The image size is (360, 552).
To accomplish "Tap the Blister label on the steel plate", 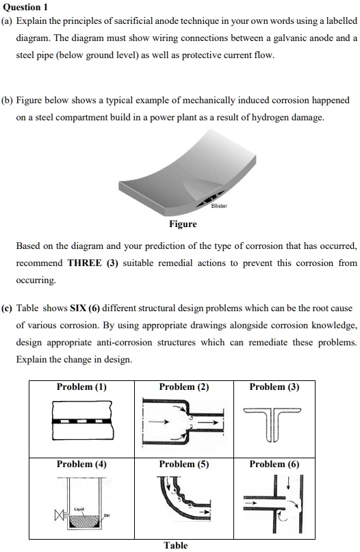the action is click(219, 205).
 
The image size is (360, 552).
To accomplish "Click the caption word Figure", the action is click(183, 224).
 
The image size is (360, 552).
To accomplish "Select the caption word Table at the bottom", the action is click(176, 545).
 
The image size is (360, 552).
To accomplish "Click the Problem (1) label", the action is click(81, 387).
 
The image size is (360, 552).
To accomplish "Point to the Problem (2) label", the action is click(184, 387).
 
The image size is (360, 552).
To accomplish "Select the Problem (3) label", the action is click(274, 387).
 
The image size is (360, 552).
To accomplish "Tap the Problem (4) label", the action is click(81, 464).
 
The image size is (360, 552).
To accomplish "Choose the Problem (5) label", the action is click(184, 464).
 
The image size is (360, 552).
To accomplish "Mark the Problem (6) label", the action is click(274, 464).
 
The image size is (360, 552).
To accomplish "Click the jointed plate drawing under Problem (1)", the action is click(81, 421).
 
